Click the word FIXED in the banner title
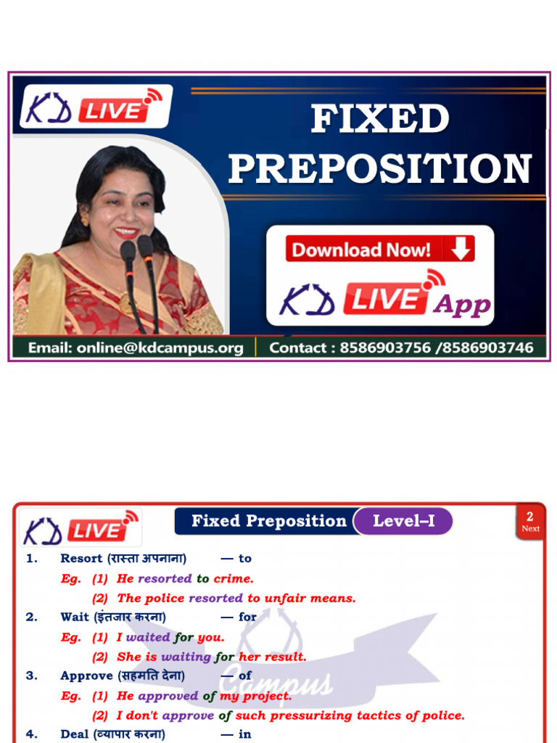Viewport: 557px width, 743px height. point(379,120)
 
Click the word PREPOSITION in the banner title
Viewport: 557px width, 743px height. point(379,169)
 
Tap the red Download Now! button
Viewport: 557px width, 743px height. point(379,250)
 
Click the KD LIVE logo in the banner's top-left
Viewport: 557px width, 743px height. point(95,107)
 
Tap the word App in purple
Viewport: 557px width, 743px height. point(462,305)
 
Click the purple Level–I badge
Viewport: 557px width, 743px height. point(403,521)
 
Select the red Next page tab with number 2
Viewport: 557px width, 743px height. point(530,522)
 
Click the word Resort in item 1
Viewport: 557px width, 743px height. point(81,558)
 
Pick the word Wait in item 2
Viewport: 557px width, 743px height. point(74,617)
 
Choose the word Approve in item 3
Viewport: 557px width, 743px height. point(86,676)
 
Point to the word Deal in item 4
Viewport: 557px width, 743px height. point(74,734)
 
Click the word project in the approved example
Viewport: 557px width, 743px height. point(265,696)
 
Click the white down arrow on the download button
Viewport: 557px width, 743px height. point(460,249)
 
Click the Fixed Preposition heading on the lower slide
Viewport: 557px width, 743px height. point(269,521)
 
